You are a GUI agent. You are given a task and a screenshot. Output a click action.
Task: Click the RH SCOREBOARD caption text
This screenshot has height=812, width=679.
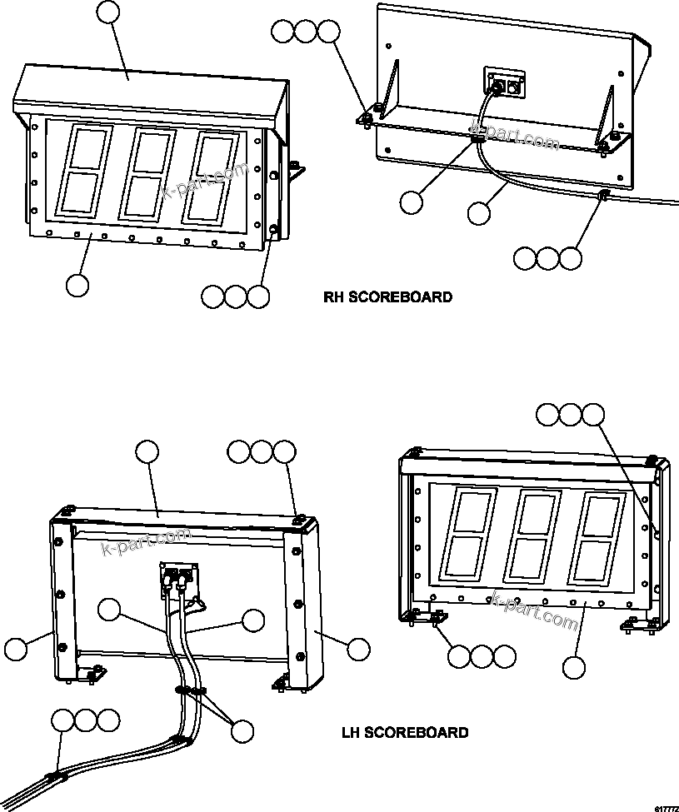tap(388, 296)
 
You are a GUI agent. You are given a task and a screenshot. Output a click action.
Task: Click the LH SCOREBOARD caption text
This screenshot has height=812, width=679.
tap(405, 733)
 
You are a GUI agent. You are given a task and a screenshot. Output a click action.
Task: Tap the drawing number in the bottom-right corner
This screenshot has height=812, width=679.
tap(666, 807)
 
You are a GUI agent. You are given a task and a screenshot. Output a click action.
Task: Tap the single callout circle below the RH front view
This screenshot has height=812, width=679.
tap(77, 285)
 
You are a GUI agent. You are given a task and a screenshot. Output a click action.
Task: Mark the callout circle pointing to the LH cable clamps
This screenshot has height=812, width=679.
tap(242, 731)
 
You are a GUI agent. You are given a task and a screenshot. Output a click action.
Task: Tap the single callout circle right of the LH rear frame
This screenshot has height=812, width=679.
tap(358, 650)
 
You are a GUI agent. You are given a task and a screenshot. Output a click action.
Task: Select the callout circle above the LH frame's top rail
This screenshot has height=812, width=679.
tap(147, 452)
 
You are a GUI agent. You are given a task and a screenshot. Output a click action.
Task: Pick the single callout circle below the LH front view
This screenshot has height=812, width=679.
tap(572, 667)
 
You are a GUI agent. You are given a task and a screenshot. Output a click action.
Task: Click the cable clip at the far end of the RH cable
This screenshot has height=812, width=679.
tap(602, 197)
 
